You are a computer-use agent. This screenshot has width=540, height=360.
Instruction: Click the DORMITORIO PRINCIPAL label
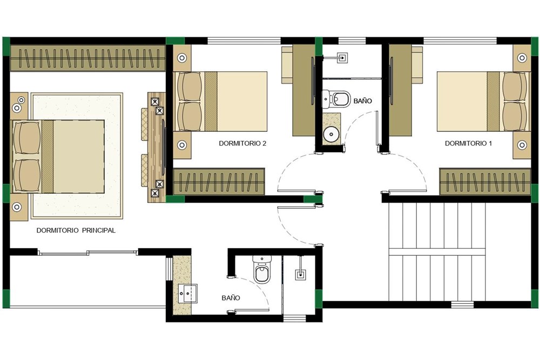click(x=76, y=230)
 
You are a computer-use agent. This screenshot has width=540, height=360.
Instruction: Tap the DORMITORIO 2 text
click(x=242, y=143)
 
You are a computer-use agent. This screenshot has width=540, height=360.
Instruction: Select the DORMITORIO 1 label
click(x=468, y=143)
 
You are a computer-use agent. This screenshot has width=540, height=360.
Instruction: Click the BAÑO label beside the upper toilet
click(x=363, y=101)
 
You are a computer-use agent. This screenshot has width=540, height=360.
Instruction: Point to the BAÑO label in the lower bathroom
click(x=231, y=298)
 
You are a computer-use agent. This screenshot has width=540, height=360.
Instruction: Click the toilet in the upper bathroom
click(x=336, y=98)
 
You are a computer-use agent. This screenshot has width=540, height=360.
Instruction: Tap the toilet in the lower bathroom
click(x=262, y=269)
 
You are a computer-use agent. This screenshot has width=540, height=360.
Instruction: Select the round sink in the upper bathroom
click(x=332, y=134)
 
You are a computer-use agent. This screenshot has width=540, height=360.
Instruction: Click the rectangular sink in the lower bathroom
click(x=188, y=294)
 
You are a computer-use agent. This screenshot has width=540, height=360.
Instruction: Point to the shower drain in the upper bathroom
click(x=342, y=57)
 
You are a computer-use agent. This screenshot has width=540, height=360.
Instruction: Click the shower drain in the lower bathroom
click(x=301, y=274)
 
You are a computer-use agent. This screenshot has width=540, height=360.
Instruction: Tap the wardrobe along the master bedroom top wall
click(x=88, y=58)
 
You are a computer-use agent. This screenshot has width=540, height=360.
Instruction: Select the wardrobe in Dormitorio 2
click(x=219, y=182)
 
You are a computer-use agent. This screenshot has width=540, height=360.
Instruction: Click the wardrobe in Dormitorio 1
click(x=485, y=182)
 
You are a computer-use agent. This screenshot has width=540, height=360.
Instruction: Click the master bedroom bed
click(x=58, y=157)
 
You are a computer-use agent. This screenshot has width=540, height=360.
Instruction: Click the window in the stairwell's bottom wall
click(x=462, y=304)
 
